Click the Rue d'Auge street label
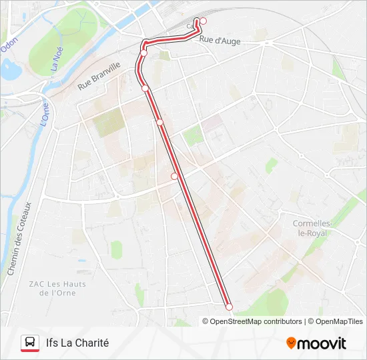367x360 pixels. pyautogui.click(x=220, y=41)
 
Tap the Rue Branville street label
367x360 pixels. pyautogui.click(x=99, y=75)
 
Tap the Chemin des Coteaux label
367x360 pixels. pyautogui.click(x=18, y=239)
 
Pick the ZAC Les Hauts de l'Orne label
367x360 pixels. pyautogui.click(x=57, y=288)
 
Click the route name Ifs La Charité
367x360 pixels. pyautogui.click(x=77, y=343)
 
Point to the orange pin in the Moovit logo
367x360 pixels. pyautogui.click(x=291, y=343)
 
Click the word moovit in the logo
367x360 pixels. pyautogui.click(x=322, y=343)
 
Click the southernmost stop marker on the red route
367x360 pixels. pyautogui.click(x=229, y=307)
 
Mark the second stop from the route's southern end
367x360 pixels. pyautogui.click(x=174, y=176)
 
